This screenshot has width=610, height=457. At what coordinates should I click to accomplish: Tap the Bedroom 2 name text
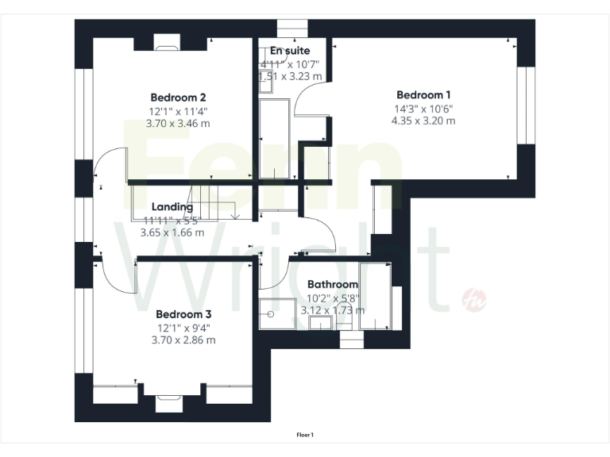pos(173,98)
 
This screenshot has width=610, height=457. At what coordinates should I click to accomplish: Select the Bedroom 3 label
pos(183,313)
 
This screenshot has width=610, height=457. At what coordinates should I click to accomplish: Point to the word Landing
pos(172,207)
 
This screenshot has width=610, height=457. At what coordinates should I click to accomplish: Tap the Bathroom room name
pos(332,284)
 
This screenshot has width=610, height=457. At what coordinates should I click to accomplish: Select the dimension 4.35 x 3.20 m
pos(423,121)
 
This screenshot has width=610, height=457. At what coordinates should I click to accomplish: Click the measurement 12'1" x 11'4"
pos(179,112)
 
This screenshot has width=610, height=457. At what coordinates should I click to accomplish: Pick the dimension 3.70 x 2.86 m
pos(183,340)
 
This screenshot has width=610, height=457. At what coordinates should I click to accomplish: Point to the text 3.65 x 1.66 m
pos(172,233)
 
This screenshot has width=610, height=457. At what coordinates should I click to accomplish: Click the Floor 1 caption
pos(305,435)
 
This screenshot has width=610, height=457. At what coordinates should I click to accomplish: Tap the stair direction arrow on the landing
pos(235,213)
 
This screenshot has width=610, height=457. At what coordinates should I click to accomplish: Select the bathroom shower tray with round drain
pos(278,314)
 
